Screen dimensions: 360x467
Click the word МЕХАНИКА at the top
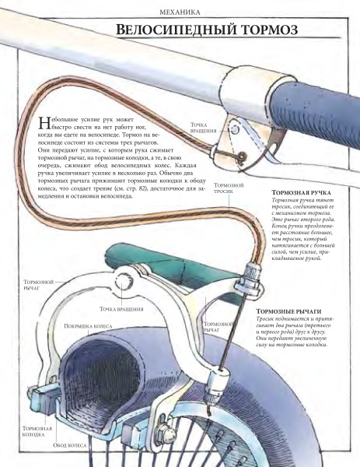(x=180, y=12)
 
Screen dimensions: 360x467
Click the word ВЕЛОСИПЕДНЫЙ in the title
(x=176, y=30)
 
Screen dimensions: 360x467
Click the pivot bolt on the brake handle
(x=235, y=129)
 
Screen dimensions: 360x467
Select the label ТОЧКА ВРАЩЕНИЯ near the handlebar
(x=204, y=128)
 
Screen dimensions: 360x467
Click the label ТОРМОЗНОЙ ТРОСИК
(x=229, y=188)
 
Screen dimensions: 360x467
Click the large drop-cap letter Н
(x=44, y=123)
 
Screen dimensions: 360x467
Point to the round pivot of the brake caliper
(x=123, y=282)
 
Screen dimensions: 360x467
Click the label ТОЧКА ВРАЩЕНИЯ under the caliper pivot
(x=121, y=309)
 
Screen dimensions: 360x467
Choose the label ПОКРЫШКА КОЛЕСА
(x=88, y=326)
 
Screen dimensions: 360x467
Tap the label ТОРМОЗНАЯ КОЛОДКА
(x=37, y=431)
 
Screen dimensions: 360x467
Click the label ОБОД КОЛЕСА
(x=70, y=445)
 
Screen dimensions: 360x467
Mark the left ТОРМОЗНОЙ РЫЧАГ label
(x=39, y=285)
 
